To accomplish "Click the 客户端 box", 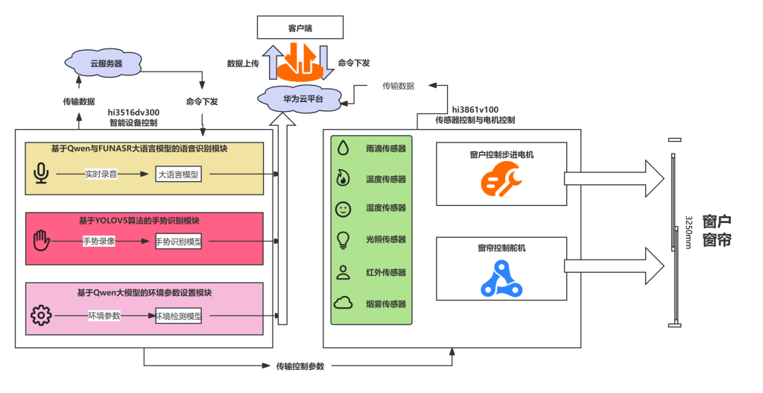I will coord(300,28).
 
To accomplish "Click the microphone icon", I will coord(41,174).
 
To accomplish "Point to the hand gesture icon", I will coord(40,242).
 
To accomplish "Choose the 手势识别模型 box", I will coord(178,242).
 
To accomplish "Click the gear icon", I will coord(40,315).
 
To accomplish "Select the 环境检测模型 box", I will coord(179,316).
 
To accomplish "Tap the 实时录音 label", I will coord(101,174).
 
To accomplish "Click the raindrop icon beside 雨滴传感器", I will coord(343,148).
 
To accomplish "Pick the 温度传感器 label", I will coord(386,179).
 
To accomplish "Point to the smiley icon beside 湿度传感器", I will coord(343,210).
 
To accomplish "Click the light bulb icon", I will coord(343,240).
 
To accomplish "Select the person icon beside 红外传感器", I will coord(343,271).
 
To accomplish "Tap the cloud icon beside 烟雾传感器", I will coord(343,303).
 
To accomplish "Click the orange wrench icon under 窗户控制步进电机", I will coord(500,181).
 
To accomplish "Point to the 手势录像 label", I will coord(101,242).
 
